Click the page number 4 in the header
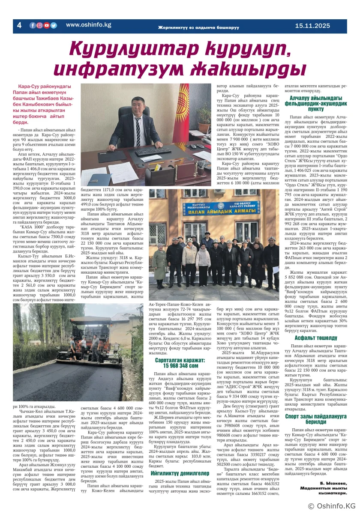click(19, 25)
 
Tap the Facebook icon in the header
click(33, 25)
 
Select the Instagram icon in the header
click(39, 25)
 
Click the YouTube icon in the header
click(46, 25)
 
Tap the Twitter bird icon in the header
click(54, 25)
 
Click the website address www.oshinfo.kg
click(88, 25)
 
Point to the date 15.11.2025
click(312, 26)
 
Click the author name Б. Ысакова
click(332, 483)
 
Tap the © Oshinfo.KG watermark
click(332, 506)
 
